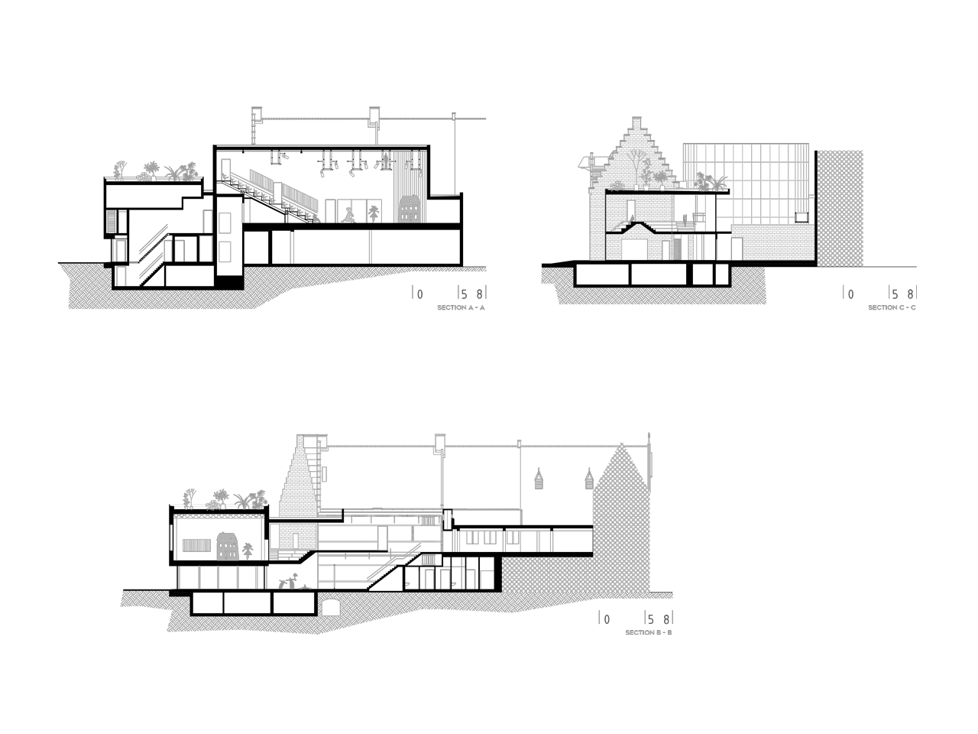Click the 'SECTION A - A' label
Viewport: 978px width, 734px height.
click(x=461, y=307)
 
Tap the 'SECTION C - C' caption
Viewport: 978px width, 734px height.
click(x=892, y=307)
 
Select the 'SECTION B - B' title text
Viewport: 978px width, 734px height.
click(x=648, y=632)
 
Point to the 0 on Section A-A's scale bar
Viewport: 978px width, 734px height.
click(x=419, y=294)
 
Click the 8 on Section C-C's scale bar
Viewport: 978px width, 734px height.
click(x=910, y=294)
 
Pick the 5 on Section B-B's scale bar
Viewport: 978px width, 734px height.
click(x=650, y=619)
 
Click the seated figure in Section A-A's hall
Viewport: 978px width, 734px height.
click(x=348, y=216)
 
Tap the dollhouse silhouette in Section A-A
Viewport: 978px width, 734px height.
click(x=409, y=209)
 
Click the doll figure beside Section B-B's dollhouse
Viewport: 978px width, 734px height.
click(x=248, y=551)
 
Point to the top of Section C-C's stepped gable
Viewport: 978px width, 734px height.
click(x=636, y=118)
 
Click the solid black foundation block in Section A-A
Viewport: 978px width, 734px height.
click(x=229, y=282)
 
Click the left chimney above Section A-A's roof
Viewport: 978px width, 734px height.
click(x=256, y=126)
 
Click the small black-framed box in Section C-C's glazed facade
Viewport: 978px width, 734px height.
click(x=802, y=217)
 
